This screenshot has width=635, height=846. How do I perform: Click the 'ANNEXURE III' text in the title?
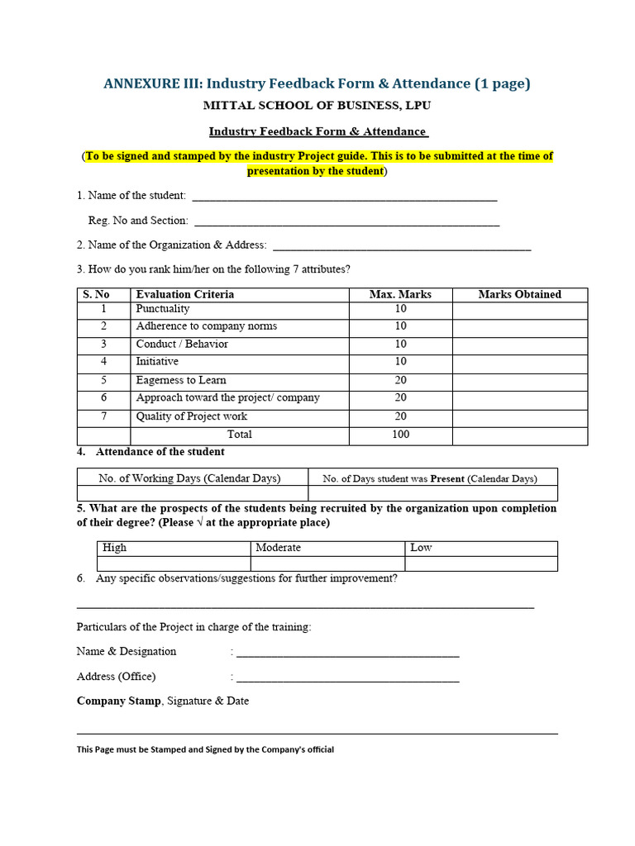[x=152, y=83]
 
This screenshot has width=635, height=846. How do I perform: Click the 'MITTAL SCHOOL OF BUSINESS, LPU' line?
[x=317, y=106]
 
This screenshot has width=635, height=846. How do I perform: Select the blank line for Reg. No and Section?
[x=346, y=222]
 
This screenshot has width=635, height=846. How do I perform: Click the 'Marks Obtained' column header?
[x=519, y=295]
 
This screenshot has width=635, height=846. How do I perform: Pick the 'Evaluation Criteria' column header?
[x=184, y=295]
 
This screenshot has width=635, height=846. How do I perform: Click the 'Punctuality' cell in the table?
[x=163, y=309]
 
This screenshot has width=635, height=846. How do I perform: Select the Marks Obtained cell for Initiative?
[x=519, y=363]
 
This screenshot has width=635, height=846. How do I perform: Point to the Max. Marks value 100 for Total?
[x=400, y=435]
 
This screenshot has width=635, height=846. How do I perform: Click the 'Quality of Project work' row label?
[x=191, y=416]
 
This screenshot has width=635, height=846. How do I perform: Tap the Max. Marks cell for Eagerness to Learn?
[x=400, y=381]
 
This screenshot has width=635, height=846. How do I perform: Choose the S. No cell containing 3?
[x=103, y=345]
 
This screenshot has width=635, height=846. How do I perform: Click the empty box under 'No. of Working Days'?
[x=192, y=493]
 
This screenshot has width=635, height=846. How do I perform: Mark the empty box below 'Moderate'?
[x=327, y=563]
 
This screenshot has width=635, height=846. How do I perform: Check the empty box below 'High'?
[x=173, y=563]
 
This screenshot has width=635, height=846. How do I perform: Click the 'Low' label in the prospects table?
[x=421, y=548]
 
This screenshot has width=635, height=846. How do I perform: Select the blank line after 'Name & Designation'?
[x=347, y=653]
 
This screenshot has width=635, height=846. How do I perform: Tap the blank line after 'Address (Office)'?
[x=347, y=677]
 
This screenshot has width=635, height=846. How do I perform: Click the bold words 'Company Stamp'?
[x=119, y=701]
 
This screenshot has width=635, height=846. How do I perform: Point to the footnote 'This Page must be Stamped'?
[x=205, y=750]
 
